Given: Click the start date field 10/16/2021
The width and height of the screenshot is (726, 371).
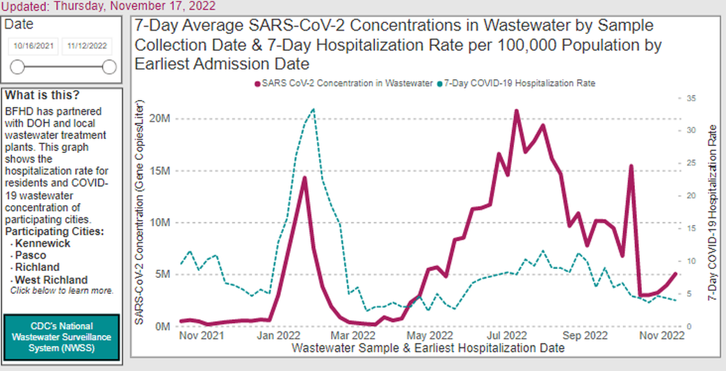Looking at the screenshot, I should pyautogui.click(x=34, y=47).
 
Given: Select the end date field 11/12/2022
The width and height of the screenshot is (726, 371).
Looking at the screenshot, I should pyautogui.click(x=87, y=47).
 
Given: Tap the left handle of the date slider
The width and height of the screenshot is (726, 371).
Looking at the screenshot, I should pyautogui.click(x=17, y=67).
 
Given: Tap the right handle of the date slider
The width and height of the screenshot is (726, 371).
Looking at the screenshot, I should pyautogui.click(x=109, y=67).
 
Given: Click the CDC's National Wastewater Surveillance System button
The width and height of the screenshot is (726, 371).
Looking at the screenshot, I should pyautogui.click(x=62, y=337).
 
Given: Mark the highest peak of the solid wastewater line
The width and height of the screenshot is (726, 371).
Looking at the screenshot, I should pyautogui.click(x=516, y=111).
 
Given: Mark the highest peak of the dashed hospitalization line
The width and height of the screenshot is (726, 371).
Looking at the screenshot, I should pyautogui.click(x=313, y=109).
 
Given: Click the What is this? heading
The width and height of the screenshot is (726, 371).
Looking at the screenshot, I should pyautogui.click(x=43, y=96).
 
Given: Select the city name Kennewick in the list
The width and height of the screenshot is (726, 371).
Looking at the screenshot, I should pyautogui.click(x=43, y=244).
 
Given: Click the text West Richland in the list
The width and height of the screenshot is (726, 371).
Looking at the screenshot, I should pyautogui.click(x=52, y=280).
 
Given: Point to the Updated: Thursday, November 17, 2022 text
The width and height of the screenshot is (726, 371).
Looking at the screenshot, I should pyautogui.click(x=108, y=6).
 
